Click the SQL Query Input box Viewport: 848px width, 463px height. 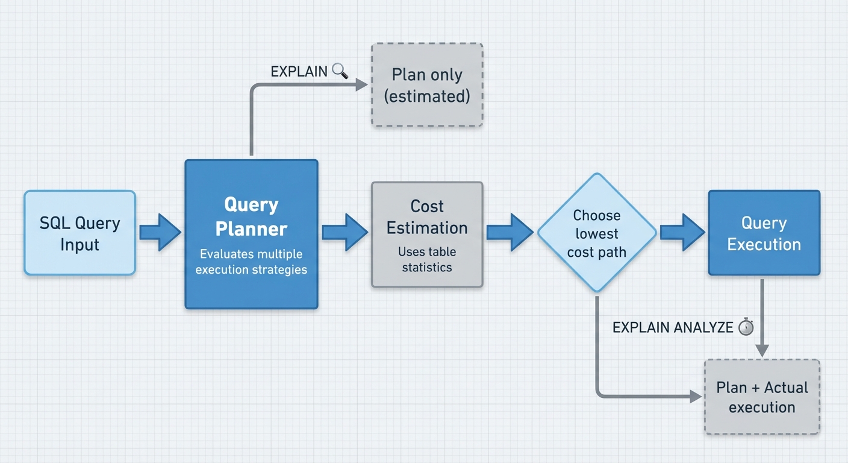79,233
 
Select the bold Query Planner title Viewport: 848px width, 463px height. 251,216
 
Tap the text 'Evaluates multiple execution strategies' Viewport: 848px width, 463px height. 251,262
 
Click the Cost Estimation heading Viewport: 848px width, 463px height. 427,217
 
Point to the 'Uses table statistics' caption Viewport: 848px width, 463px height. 427,259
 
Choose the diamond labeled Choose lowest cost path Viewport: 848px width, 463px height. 596,233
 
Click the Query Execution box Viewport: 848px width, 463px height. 764,233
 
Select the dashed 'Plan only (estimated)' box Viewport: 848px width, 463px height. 427,85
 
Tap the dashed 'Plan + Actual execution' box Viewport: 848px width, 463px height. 762,397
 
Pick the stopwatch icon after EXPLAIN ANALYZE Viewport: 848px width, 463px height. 746,327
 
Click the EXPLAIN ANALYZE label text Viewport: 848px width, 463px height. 673,327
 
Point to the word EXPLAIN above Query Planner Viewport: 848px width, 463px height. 299,71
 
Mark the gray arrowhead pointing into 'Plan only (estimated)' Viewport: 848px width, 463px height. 361,85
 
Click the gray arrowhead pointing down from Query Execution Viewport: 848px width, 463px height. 762,350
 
